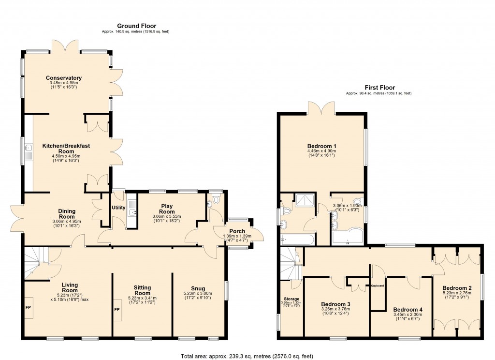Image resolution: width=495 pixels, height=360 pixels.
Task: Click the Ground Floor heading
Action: [x=136, y=26]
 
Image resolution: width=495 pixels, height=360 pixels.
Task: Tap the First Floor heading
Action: [x=378, y=88]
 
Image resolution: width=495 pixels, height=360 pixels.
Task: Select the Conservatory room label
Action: [x=64, y=78]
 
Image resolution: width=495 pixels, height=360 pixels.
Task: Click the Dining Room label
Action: [x=66, y=214]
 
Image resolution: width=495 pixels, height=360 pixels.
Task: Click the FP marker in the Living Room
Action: [x=29, y=307]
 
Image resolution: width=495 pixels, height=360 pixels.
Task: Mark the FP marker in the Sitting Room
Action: [x=116, y=309]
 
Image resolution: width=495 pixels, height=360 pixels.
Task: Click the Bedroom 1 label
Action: [x=321, y=146]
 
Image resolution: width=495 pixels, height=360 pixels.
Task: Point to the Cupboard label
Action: [x=378, y=285]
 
